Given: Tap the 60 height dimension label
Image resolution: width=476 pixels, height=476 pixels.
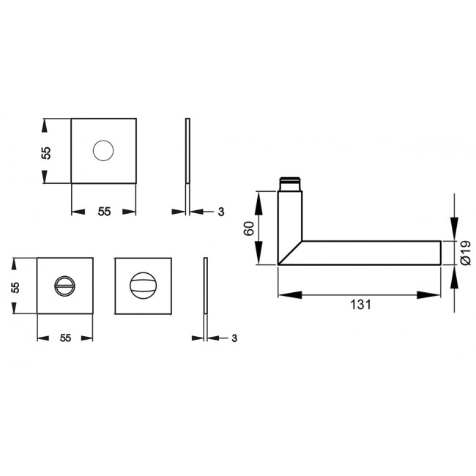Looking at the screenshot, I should (x=250, y=228).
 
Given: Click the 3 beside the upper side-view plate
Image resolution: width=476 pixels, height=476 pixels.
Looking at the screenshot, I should (x=220, y=212).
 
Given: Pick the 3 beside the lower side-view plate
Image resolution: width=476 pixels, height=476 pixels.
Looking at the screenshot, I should (x=234, y=338).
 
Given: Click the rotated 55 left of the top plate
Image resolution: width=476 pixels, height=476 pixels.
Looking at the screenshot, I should (x=46, y=152).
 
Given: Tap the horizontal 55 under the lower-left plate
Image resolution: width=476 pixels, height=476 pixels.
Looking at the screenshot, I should (x=65, y=338).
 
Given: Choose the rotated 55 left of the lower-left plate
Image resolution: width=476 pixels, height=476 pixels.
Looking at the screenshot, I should (x=15, y=286).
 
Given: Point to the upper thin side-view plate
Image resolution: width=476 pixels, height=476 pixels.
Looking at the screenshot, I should (x=187, y=151).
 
